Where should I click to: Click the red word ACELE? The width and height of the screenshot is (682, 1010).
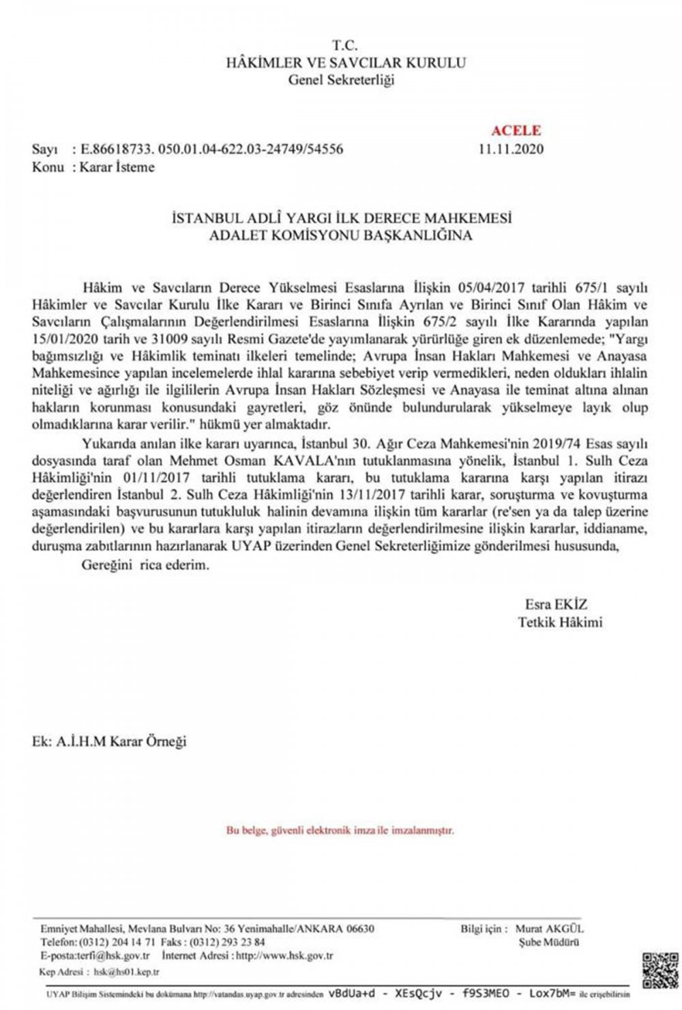point(516,130)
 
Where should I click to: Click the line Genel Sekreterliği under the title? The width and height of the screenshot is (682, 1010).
point(341,81)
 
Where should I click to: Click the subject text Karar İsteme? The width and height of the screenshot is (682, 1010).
point(117,167)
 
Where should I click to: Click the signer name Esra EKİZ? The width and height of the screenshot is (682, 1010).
point(556,605)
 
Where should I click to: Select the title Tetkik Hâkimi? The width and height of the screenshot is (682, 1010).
point(560,622)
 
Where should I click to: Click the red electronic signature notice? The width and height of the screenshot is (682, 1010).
point(340,831)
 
